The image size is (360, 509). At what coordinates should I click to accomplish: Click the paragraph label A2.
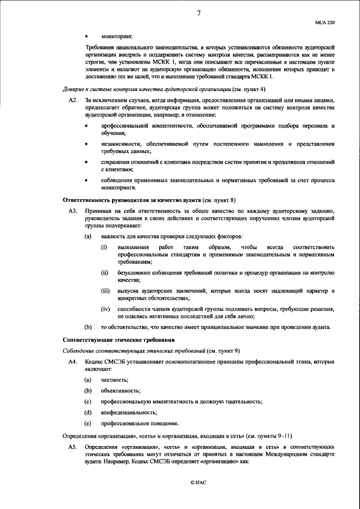tap(72, 100)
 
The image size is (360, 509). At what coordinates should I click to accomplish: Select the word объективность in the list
tap(120, 390)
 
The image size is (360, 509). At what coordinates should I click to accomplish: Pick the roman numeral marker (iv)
tap(105, 309)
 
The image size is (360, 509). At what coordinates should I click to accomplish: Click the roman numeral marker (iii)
tap(105, 290)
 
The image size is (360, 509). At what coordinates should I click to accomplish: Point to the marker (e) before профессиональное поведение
tap(88, 423)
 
